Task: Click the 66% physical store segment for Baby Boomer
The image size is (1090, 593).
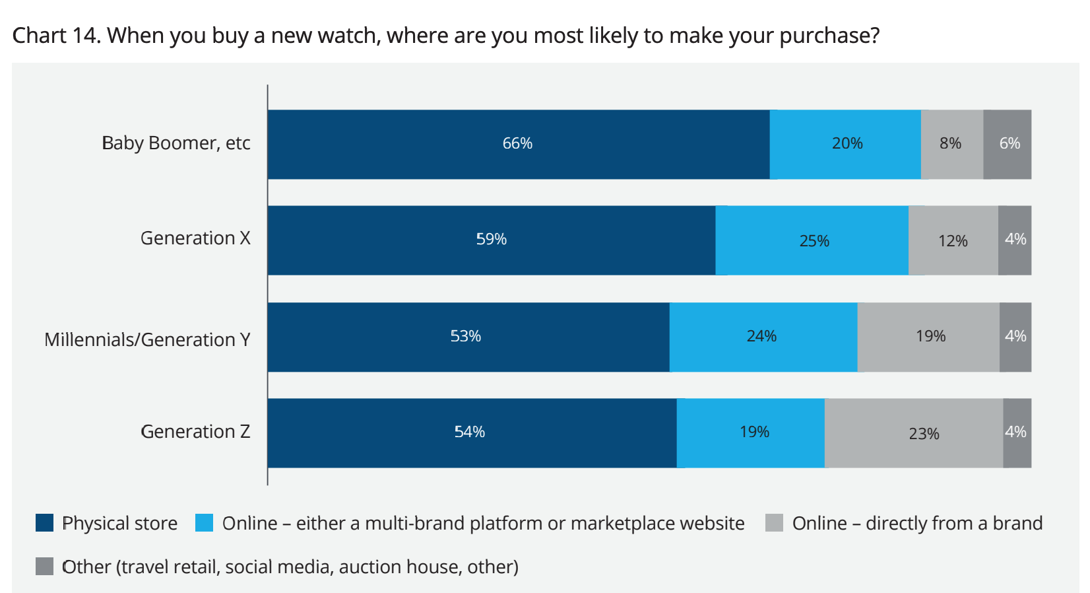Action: click(x=518, y=144)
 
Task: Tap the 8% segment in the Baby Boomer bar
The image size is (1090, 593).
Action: click(x=951, y=144)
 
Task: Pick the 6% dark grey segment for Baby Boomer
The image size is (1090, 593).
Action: click(x=1008, y=144)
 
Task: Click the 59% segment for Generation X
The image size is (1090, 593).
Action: click(x=492, y=240)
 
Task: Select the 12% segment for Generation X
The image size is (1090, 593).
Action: click(x=953, y=240)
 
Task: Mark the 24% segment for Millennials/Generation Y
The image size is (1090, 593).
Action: click(x=763, y=337)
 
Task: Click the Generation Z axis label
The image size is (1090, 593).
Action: click(x=195, y=432)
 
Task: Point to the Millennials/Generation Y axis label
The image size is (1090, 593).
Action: click(x=147, y=339)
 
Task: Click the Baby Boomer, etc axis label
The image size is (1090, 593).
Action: click(x=176, y=143)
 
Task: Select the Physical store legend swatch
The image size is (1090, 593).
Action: click(x=44, y=523)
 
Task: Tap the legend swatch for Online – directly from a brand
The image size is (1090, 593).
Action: click(x=774, y=523)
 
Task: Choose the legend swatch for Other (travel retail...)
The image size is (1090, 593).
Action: click(x=44, y=567)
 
